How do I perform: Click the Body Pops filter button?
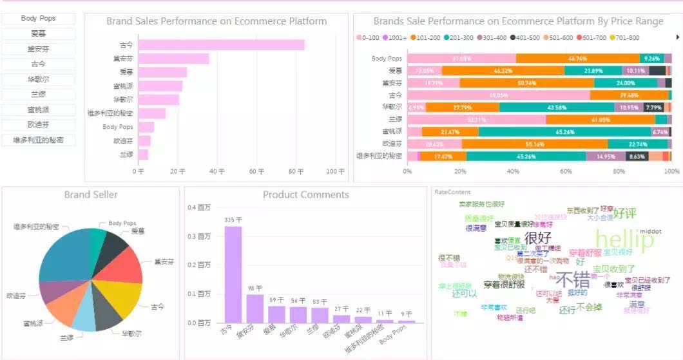[38, 19]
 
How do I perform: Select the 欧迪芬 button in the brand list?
[38, 125]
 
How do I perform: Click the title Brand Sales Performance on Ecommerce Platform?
[216, 21]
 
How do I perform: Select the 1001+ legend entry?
[394, 37]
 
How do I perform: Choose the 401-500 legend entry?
[525, 37]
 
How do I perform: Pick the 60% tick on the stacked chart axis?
[566, 171]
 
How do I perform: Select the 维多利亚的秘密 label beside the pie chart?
[36, 227]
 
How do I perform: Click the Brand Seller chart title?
[91, 194]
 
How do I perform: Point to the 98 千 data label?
[255, 288]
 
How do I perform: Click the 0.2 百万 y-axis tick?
[199, 265]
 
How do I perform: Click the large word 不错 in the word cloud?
[573, 280]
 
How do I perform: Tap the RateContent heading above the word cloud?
[452, 192]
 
